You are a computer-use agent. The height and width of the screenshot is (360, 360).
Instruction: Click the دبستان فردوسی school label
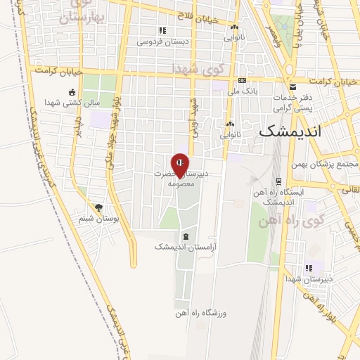pyautogui.click(x=162, y=41)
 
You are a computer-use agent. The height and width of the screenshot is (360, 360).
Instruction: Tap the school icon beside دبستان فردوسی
pyautogui.click(x=162, y=30)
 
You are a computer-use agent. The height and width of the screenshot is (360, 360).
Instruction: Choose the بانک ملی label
pyautogui.click(x=240, y=91)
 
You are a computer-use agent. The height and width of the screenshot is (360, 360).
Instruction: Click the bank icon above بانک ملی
pyautogui.click(x=241, y=81)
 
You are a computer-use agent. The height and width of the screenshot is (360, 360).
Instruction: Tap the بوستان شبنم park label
pyautogui.click(x=98, y=219)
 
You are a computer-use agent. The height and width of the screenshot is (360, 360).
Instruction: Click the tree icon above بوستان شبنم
pyautogui.click(x=98, y=208)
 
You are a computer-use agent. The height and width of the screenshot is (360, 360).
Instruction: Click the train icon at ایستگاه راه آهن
pyautogui.click(x=279, y=181)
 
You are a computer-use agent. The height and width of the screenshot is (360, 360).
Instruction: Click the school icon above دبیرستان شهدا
pyautogui.click(x=308, y=268)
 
